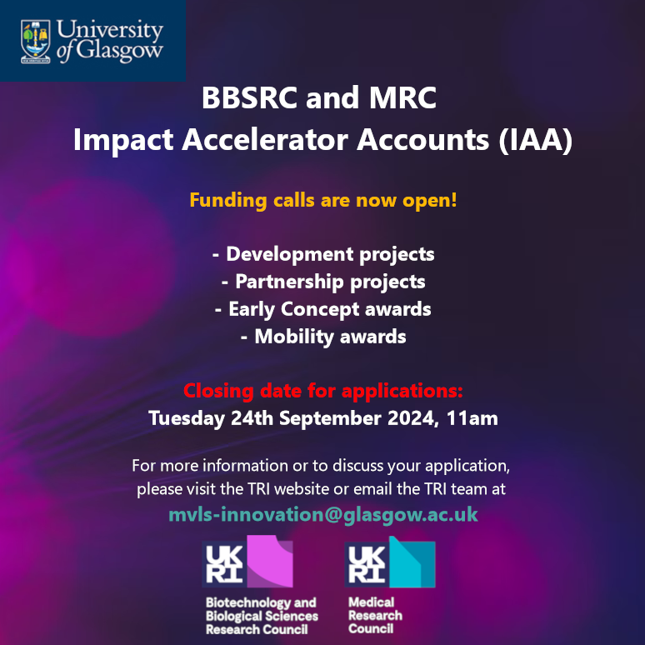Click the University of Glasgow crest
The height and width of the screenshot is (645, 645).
pos(34,42)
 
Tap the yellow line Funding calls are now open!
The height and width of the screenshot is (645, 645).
pos(322,201)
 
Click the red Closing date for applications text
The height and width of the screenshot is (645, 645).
pos(322,390)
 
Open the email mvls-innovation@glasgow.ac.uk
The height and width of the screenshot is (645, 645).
pos(322,514)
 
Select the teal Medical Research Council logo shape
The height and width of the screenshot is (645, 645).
pos(412,562)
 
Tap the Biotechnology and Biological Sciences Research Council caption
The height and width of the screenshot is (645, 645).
pos(262,616)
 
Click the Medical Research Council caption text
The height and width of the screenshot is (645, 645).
pos(375,615)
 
